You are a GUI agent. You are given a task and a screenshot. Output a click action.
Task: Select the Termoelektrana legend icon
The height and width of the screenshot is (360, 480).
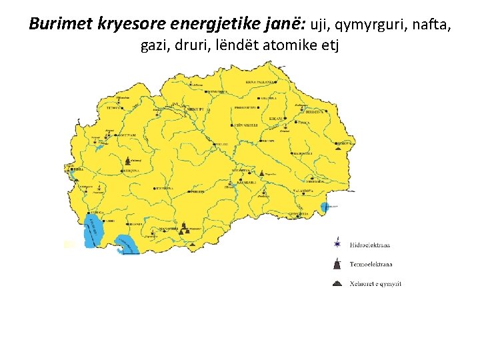point(339,264)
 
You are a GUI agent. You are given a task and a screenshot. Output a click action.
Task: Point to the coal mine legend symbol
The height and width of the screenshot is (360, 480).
point(339,283)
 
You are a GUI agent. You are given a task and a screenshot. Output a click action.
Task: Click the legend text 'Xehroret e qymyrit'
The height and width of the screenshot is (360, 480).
point(375,284)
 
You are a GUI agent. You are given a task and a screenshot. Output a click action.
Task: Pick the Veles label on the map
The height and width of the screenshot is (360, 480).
point(221,143)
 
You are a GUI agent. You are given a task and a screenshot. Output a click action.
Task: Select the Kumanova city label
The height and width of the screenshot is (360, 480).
point(217,91)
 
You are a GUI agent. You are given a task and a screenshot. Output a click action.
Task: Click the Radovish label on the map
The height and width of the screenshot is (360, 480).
point(301,154)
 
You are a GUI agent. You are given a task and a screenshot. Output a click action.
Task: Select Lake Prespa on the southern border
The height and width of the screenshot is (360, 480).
point(125,245)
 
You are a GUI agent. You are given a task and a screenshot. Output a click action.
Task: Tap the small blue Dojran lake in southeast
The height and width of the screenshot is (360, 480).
point(327,208)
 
